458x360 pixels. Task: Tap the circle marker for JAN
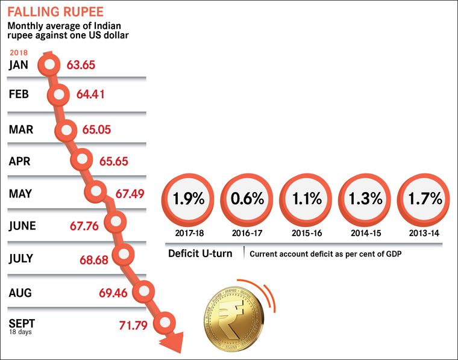(x=49, y=64)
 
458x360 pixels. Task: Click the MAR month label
(x=21, y=129)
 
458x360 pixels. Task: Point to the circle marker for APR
(x=82, y=160)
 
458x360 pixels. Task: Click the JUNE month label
(x=22, y=226)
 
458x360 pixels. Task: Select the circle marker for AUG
(x=145, y=292)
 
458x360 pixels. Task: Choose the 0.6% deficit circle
(x=245, y=199)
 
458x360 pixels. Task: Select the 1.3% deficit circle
(x=363, y=199)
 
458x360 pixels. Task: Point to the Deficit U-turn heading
(x=200, y=253)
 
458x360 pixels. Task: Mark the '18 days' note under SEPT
(x=20, y=332)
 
